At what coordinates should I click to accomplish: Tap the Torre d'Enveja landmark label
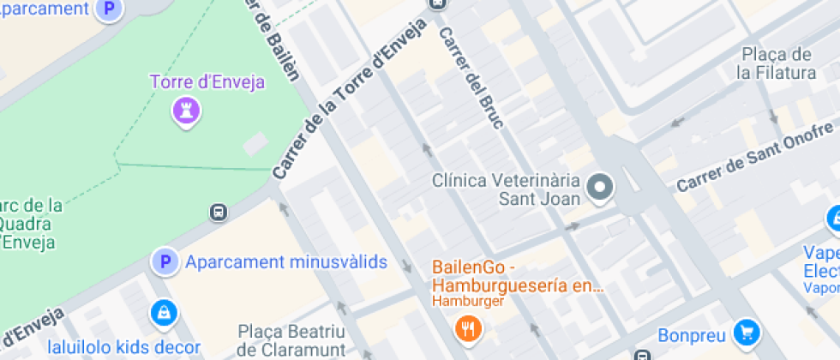207,83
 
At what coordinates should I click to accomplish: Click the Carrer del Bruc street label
473,78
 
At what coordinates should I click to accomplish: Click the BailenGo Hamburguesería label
518,276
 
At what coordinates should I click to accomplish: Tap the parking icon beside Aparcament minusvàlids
164,261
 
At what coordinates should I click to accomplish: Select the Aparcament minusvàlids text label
286,262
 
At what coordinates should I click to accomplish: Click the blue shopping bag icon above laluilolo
162,314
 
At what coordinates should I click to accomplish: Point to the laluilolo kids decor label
124,348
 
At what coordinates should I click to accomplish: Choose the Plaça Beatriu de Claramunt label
291,340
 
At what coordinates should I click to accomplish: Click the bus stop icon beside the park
219,212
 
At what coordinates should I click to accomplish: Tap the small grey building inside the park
255,143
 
